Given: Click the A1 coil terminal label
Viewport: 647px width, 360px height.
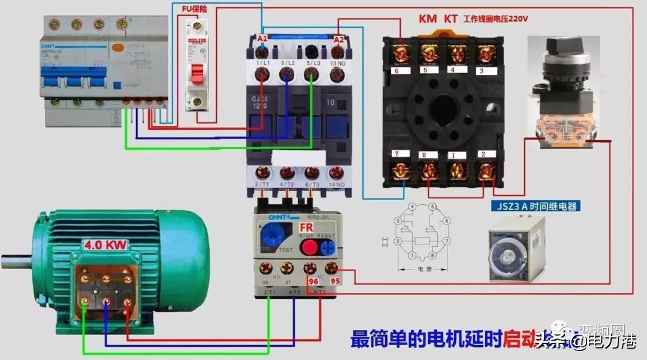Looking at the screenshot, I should pos(262,39).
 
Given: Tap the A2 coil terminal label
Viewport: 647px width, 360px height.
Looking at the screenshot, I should pos(338,40).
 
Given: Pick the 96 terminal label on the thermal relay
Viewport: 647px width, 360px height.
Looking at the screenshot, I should pos(313,280).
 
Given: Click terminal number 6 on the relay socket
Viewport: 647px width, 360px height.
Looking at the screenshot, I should pos(395,70).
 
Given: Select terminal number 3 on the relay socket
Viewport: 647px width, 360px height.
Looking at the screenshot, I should pos(480,71).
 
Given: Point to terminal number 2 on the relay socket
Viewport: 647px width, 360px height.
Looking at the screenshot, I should pos(483,155).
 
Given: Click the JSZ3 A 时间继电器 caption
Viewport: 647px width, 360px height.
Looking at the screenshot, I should pos(536,207).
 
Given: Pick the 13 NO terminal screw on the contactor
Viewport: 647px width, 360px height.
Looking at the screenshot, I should pos(337,74).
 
